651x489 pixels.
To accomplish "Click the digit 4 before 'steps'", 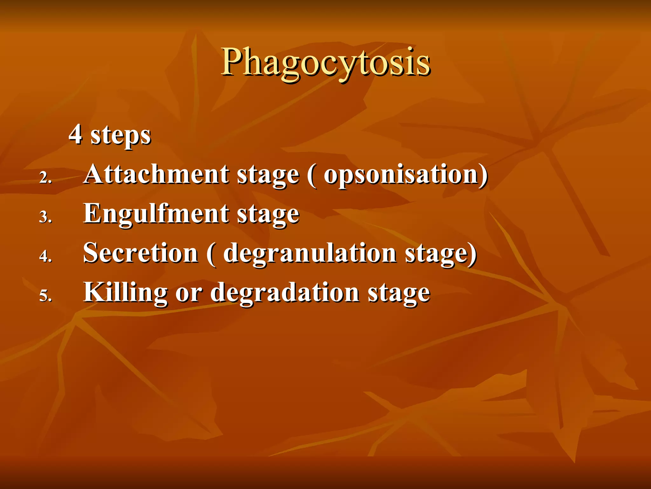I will (x=75, y=134).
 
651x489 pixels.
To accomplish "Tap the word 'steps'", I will (x=120, y=136).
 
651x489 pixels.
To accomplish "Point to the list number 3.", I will (x=45, y=217).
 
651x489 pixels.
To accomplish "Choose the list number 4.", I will (x=45, y=256).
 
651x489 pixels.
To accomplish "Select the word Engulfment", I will (x=156, y=214).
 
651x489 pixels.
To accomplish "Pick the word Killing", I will (x=125, y=293).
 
